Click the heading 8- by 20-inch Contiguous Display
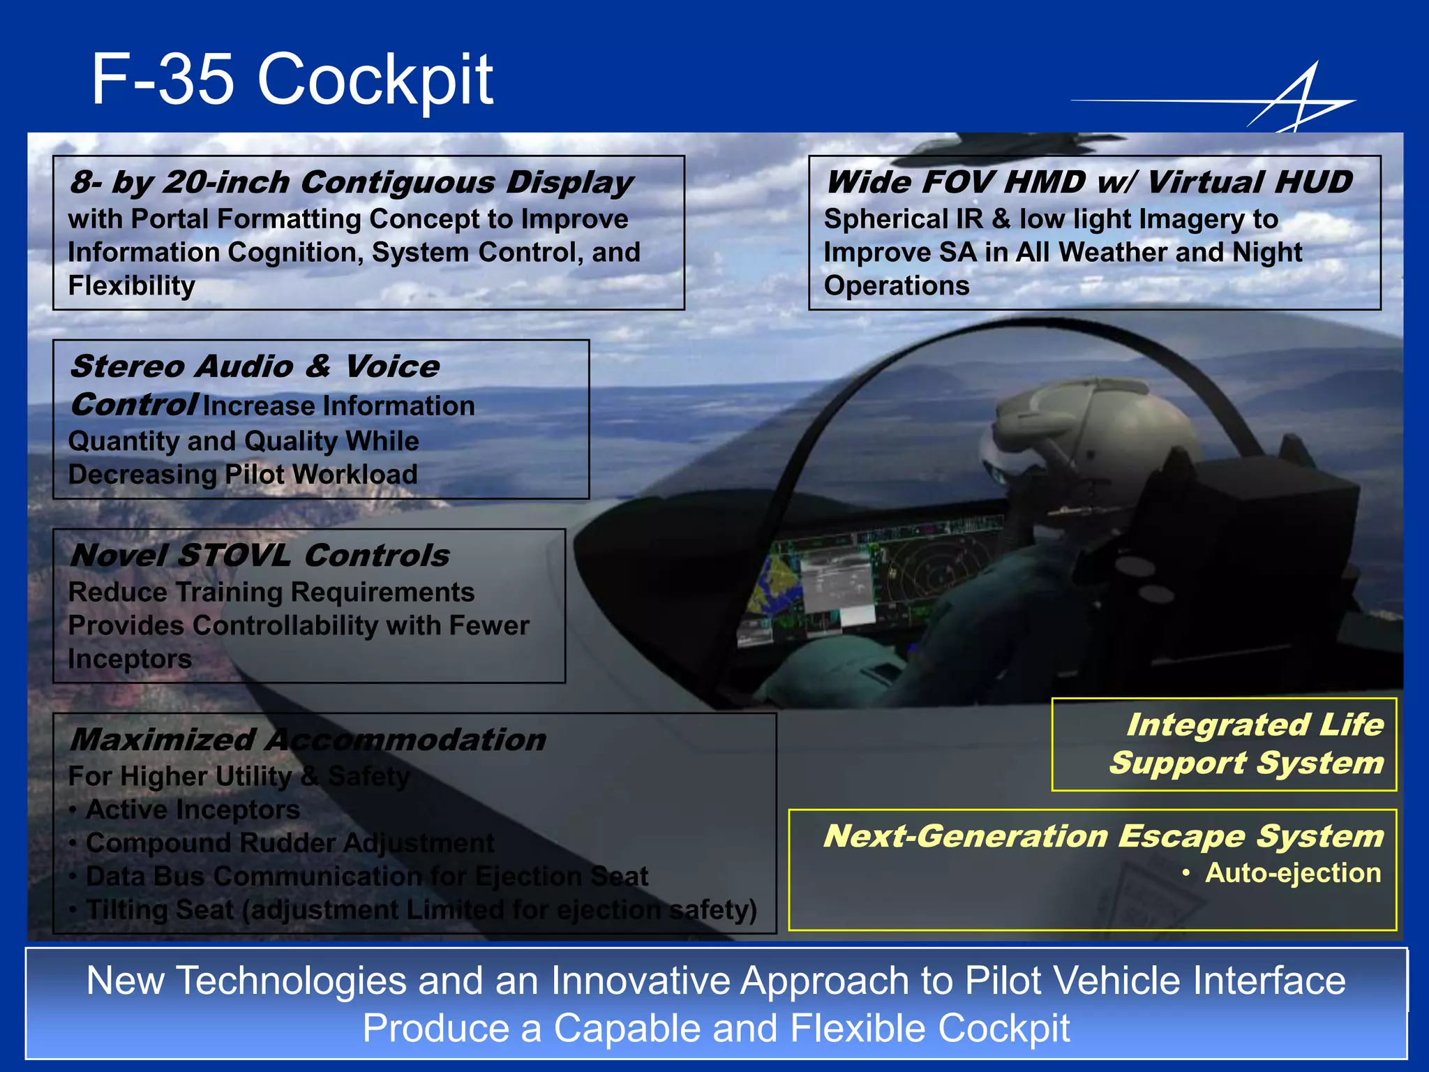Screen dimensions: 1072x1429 (351, 182)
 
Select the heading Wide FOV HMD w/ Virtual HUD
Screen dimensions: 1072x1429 (1088, 182)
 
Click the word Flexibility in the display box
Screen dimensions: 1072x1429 (131, 285)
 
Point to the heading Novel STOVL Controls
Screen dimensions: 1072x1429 (260, 556)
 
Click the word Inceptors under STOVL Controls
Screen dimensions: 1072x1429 (130, 659)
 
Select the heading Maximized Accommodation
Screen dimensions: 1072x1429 (307, 740)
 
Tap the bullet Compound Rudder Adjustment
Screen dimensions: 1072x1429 (290, 843)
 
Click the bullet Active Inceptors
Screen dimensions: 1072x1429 (193, 810)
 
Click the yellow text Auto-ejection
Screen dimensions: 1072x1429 (1292, 873)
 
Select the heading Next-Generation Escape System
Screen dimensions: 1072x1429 (1102, 835)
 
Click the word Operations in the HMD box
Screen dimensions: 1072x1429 (897, 285)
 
